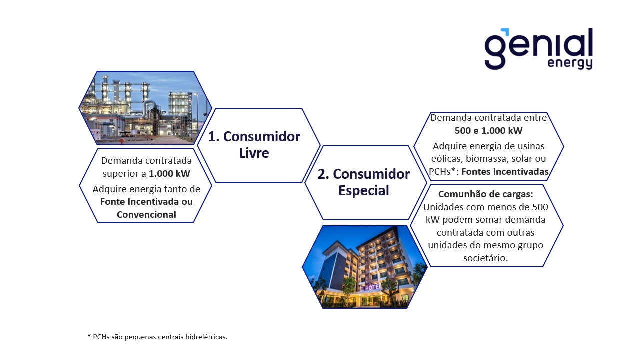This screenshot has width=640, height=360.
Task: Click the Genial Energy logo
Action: coord(538,48)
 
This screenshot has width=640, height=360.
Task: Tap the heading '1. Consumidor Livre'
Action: coord(254,144)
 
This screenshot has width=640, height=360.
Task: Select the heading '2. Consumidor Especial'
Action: coord(363,182)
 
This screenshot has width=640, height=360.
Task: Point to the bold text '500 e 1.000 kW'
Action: coord(488,131)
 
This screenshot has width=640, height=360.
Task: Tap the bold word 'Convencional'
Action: coord(146,214)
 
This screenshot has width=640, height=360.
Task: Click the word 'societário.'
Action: coord(486,258)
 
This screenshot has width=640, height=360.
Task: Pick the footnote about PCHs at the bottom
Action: coord(157,337)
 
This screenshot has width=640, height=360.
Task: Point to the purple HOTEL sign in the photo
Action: coord(370,287)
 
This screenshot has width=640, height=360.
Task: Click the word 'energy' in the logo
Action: coord(570,64)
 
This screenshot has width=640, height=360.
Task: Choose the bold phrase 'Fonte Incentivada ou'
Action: coord(146,202)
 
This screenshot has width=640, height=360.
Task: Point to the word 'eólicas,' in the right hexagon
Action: coord(447,159)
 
